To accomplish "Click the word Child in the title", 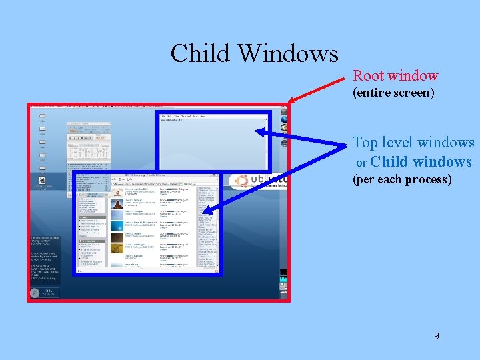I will click(x=200, y=53).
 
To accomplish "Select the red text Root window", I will click(x=395, y=75).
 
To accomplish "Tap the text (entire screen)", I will click(x=393, y=93).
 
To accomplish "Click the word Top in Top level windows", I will click(x=365, y=143).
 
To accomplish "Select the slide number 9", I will click(x=436, y=336).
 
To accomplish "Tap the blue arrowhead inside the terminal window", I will click(x=261, y=132).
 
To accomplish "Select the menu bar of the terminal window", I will click(x=180, y=117).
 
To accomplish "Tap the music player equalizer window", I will click(x=88, y=150).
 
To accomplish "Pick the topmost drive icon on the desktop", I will click(x=42, y=117).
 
